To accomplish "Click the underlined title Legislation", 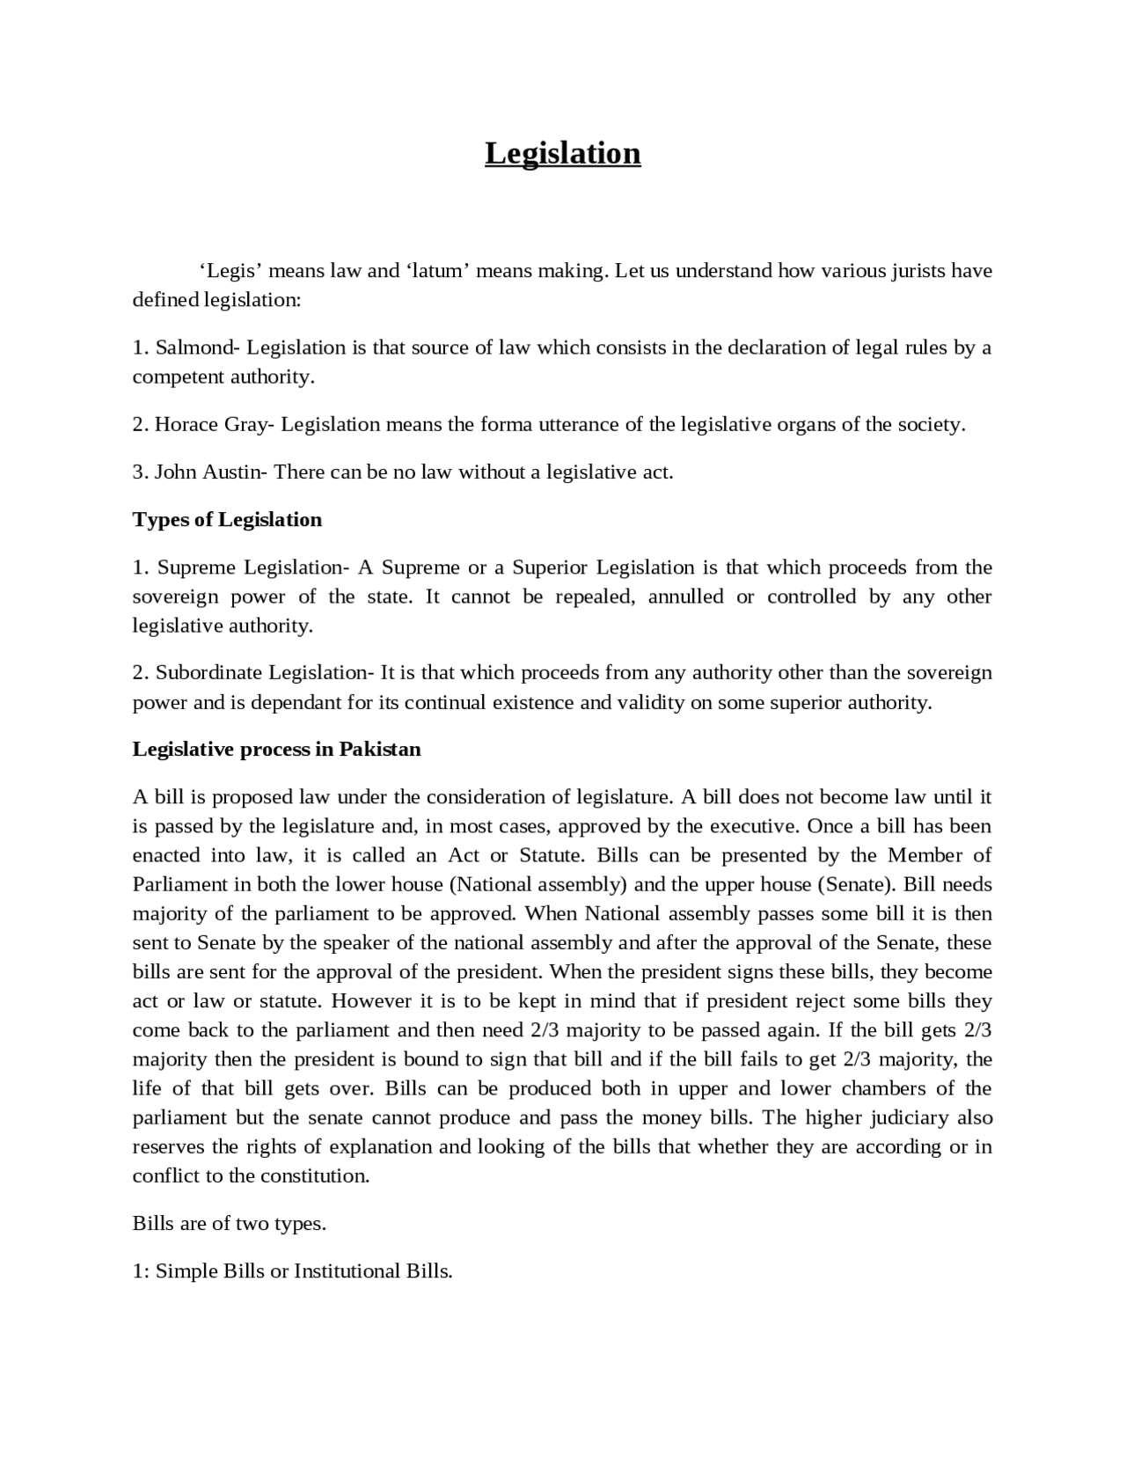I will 562,153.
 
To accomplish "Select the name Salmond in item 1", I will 194,348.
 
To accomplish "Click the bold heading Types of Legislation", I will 227,520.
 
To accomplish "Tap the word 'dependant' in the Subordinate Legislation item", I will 291,703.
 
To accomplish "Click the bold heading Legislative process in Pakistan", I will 276,750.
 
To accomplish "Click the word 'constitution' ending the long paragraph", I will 311,1176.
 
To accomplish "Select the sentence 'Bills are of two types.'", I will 229,1224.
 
